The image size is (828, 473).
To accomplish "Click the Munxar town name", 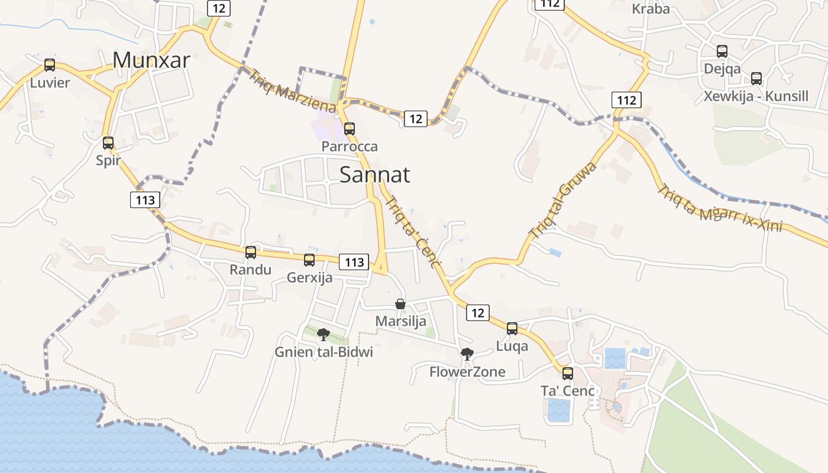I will (x=151, y=60).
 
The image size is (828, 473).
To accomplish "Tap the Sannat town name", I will (x=375, y=174).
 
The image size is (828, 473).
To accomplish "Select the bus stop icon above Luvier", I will (x=50, y=65).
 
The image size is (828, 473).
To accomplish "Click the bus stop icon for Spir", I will (x=108, y=142).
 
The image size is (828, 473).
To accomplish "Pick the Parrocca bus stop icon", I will (x=350, y=128).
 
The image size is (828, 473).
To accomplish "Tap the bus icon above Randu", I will (x=251, y=252).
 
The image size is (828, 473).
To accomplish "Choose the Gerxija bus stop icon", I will (x=309, y=260).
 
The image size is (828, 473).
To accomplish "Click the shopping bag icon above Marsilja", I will (x=400, y=304).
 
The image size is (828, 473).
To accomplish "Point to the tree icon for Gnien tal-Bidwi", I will (x=323, y=335).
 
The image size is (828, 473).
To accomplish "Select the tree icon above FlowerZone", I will (x=467, y=354).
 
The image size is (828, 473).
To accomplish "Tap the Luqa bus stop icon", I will (x=512, y=329).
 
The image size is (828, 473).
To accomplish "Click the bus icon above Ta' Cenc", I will (x=568, y=373).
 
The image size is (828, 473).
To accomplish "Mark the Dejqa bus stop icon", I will (x=722, y=51).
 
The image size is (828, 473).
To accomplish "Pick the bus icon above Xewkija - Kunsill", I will (x=756, y=79).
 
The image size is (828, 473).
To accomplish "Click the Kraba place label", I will (x=651, y=9).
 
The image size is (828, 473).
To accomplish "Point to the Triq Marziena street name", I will (x=292, y=91).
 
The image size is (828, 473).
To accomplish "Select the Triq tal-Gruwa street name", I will (x=562, y=200).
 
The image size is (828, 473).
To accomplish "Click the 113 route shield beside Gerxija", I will (x=354, y=262).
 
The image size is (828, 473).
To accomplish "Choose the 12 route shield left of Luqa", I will (x=478, y=313).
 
